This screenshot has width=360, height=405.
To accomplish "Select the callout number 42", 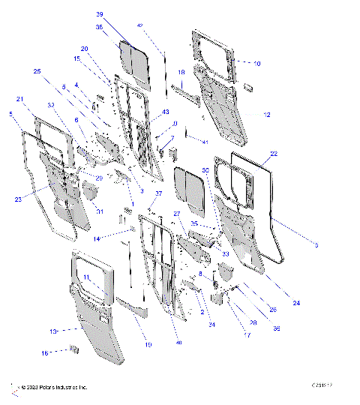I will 139,26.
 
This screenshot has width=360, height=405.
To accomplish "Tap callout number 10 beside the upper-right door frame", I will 256,64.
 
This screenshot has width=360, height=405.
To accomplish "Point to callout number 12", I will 266,115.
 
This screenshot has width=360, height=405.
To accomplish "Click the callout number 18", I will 181,72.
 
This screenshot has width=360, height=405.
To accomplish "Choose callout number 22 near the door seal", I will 274,154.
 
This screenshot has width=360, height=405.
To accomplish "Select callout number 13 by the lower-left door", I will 53,331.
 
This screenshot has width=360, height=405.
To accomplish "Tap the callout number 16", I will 45,352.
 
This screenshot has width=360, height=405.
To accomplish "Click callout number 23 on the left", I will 18,199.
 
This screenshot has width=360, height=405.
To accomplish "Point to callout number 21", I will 19,99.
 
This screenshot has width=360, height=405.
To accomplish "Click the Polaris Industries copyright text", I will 53,388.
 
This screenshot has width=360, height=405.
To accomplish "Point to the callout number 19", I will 148,344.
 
